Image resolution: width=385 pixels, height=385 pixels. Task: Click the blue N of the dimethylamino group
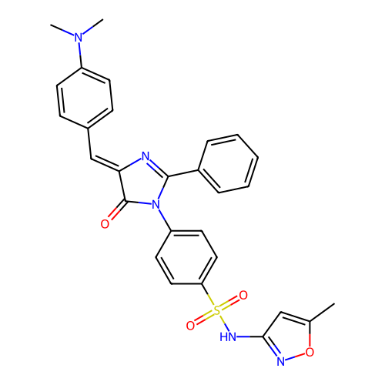(x=79, y=37)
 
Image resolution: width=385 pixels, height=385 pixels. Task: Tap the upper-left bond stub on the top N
(x=68, y=32)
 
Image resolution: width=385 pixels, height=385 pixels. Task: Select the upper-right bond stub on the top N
(x=88, y=30)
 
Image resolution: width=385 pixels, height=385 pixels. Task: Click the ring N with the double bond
(x=145, y=156)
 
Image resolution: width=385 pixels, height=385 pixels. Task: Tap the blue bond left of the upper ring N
(x=136, y=161)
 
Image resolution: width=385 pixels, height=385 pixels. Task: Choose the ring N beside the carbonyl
(x=156, y=205)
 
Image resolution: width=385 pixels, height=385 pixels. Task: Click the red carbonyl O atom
(x=105, y=224)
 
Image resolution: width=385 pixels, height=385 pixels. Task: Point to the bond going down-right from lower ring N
(x=162, y=213)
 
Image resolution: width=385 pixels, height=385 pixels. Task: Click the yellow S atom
(x=216, y=310)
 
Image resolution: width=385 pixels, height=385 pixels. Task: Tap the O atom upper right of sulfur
(x=243, y=296)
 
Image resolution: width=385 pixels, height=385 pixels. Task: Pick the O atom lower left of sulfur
(x=190, y=326)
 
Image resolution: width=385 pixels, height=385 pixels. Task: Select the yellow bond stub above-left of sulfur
(x=210, y=300)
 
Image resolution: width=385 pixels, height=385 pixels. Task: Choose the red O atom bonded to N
(x=310, y=352)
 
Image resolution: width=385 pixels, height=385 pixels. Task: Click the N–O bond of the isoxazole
(x=296, y=357)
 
